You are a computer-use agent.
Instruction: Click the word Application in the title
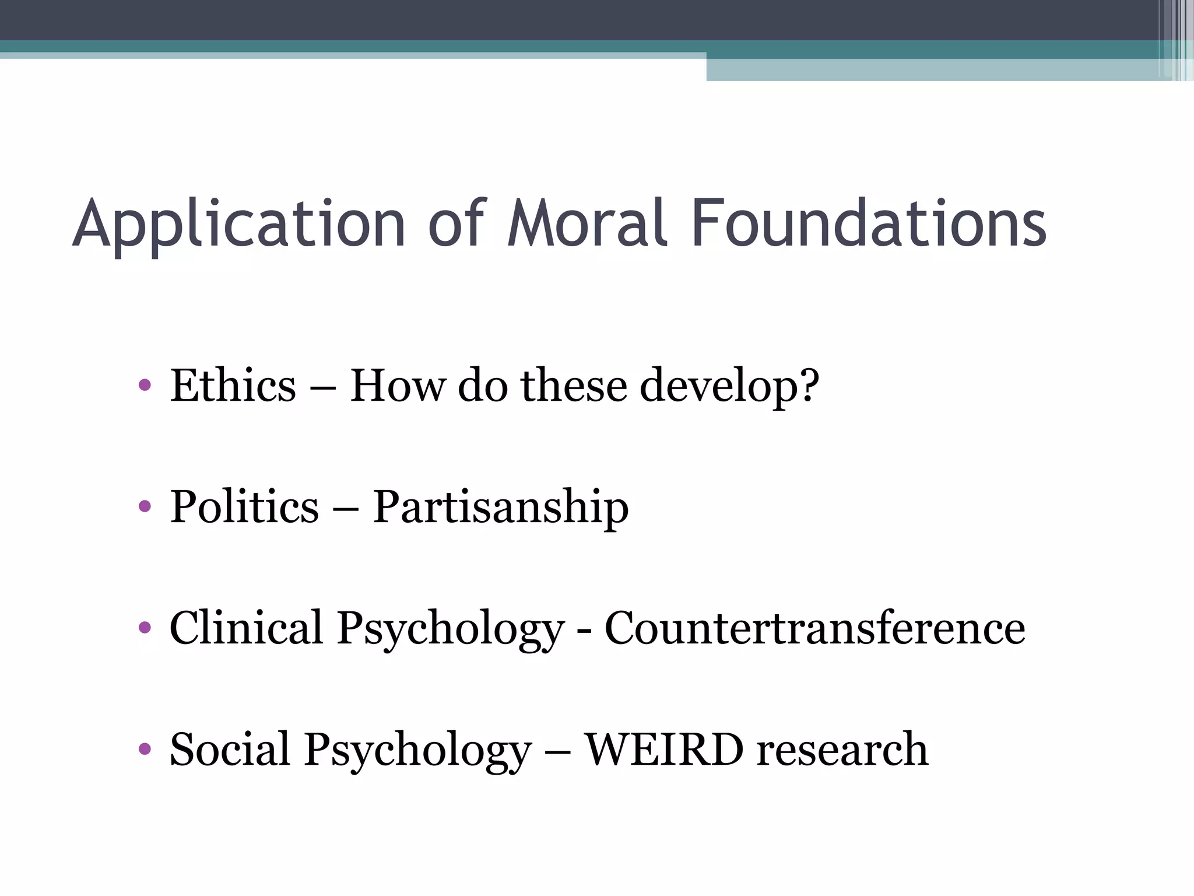239,225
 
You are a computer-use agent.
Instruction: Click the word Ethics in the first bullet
233,386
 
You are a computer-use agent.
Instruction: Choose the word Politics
244,506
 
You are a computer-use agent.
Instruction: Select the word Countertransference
814,628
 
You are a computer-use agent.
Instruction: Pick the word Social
229,749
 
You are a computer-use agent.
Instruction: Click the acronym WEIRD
664,749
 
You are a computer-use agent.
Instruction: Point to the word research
842,749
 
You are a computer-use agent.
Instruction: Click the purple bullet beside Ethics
145,385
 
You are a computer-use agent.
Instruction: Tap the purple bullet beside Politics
145,506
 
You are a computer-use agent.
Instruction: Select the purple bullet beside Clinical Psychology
145,628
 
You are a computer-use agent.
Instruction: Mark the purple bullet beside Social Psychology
145,748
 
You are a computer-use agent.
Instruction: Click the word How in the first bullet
398,386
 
